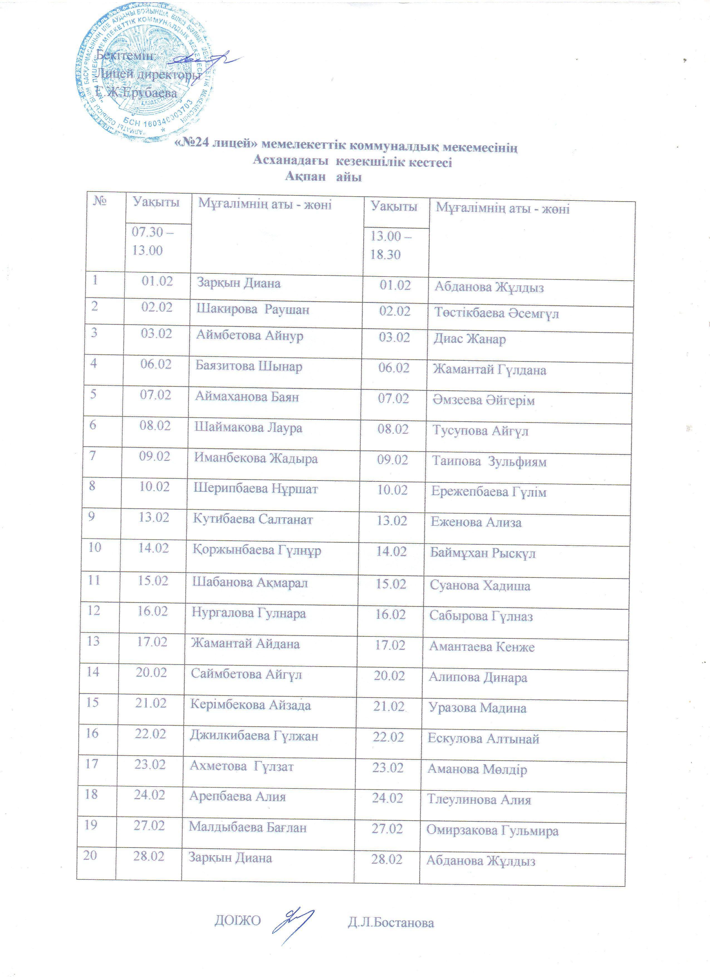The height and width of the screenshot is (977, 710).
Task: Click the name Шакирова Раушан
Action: (x=253, y=310)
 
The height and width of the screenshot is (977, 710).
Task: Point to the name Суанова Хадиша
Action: (x=480, y=586)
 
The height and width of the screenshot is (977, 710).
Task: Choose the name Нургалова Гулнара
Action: (x=249, y=613)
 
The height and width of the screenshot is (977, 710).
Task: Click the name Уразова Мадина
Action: (x=477, y=708)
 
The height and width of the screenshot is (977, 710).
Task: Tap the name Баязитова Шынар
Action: (x=249, y=367)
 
